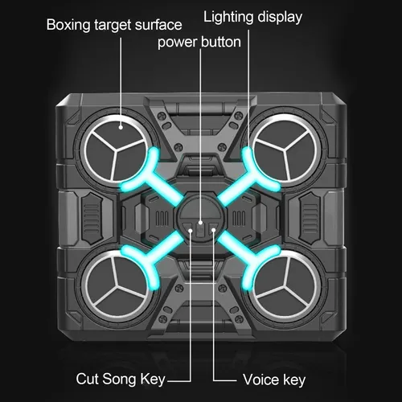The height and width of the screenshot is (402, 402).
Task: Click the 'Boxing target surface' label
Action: [x=114, y=25]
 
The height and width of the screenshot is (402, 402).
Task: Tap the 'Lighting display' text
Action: [x=252, y=17]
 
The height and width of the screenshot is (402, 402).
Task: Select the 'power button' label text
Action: [x=199, y=43]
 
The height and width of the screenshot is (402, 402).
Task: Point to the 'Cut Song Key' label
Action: [x=121, y=379]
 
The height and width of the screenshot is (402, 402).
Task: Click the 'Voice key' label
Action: [x=274, y=380]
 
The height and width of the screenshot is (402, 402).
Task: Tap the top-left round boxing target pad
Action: [x=116, y=149]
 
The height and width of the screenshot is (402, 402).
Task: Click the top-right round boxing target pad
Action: [x=287, y=149]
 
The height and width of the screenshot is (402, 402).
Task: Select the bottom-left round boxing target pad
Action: [x=116, y=285]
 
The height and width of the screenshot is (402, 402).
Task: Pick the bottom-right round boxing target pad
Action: [x=287, y=285]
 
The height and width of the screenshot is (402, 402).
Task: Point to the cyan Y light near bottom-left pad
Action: [x=155, y=256]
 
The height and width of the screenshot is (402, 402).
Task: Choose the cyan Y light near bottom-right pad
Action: [x=247, y=256]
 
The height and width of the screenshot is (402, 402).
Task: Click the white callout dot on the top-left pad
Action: [x=121, y=127]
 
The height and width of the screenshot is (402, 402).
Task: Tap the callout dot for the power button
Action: [x=200, y=223]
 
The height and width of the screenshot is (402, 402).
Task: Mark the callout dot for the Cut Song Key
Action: [x=191, y=230]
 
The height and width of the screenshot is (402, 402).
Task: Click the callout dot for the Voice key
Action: [x=214, y=230]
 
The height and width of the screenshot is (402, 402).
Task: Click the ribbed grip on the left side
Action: [x=92, y=219]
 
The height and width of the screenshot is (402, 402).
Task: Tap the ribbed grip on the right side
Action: [x=310, y=219]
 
